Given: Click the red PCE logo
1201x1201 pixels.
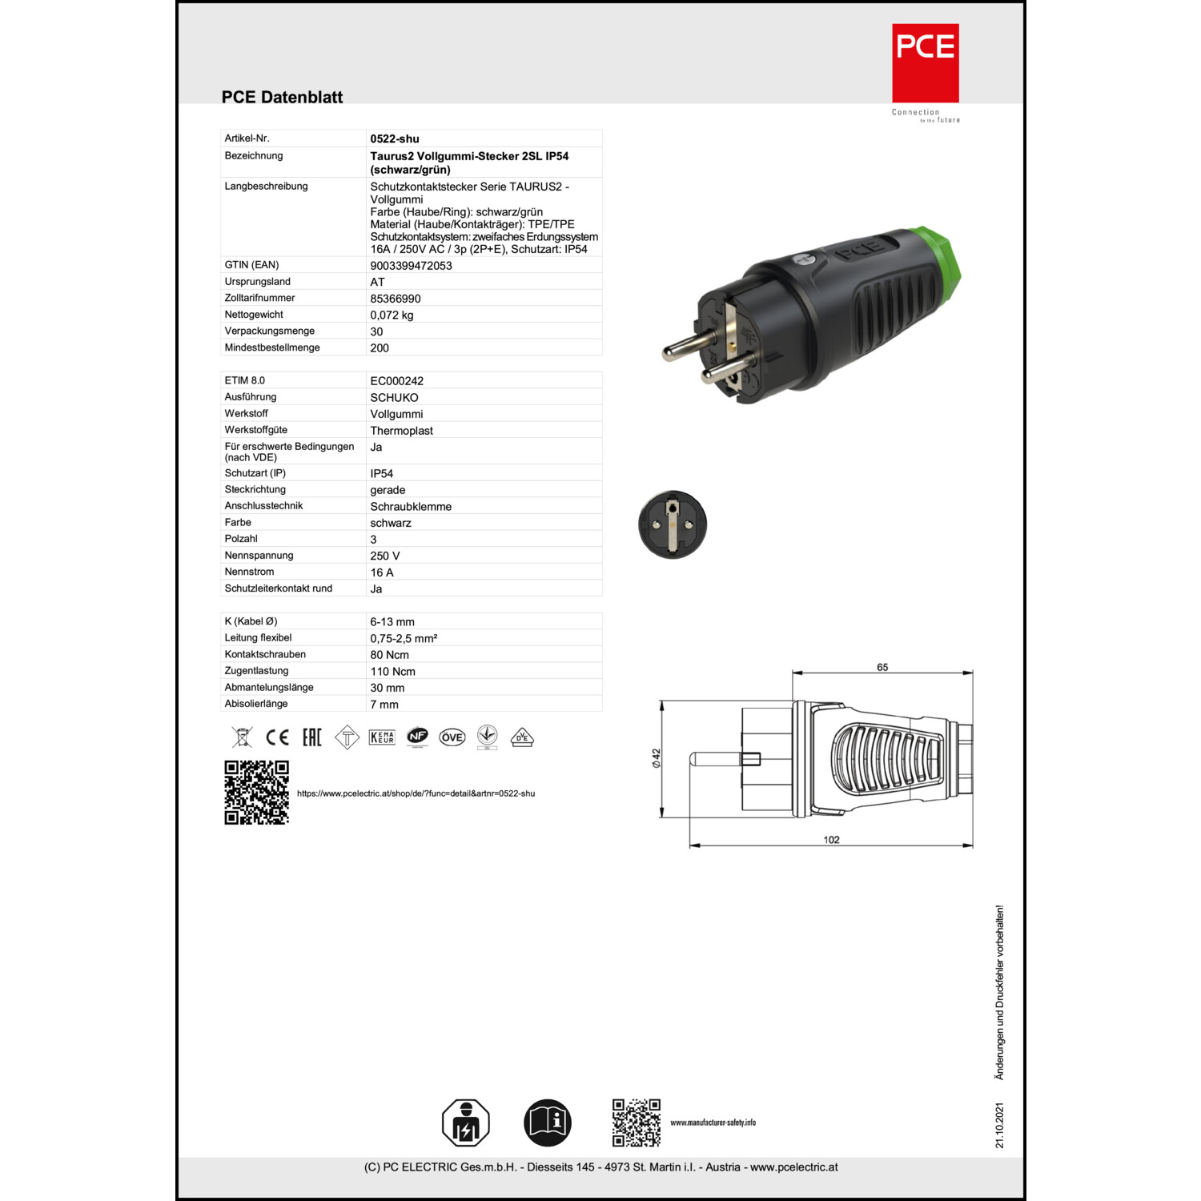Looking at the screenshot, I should point(925,62).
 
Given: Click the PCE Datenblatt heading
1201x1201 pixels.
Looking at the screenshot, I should point(282,97).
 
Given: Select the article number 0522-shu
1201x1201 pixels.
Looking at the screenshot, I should point(395,139).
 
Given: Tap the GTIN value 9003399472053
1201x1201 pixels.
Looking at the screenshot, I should point(411,266).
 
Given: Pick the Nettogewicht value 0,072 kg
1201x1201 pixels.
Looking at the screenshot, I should point(392,315).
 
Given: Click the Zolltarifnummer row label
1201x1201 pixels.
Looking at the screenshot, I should point(259,298).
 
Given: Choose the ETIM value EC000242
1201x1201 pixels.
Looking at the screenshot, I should point(396,381).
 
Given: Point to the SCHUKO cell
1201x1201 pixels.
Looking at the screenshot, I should point(394,398).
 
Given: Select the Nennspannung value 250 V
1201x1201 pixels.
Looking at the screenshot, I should point(384,556).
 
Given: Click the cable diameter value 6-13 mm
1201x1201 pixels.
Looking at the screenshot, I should point(392,622).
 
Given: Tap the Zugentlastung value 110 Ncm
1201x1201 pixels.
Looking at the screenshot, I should point(392,672).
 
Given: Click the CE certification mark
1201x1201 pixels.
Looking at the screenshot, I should point(277,737).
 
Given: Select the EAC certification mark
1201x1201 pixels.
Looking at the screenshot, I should point(311,737).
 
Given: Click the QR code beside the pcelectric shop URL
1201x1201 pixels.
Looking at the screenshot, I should point(256,793).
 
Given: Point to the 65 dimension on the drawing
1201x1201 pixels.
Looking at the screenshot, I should point(882,667).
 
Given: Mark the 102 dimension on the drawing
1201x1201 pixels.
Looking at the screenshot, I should point(831,840).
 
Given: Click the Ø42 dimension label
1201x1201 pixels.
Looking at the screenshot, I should point(657,758).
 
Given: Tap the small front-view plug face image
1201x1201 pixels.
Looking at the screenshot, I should point(673,524).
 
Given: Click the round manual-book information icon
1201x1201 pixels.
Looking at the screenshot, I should point(548,1123).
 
